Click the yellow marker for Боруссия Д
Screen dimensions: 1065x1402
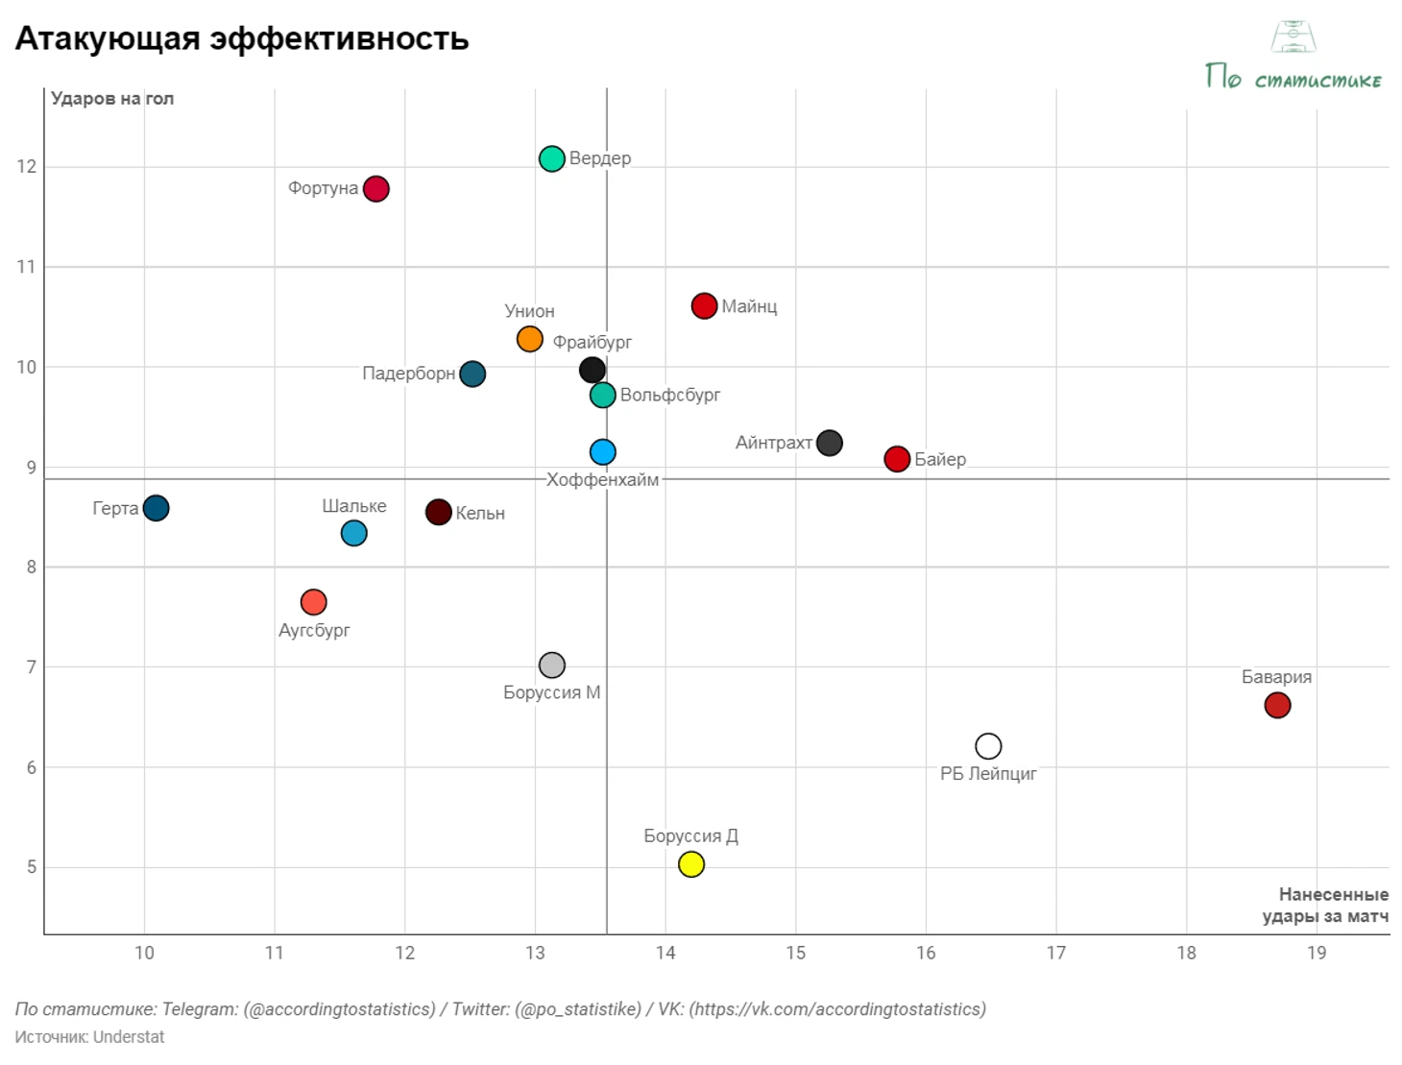click(x=691, y=864)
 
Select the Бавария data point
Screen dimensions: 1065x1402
click(x=1277, y=705)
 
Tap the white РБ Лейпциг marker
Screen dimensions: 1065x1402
click(x=988, y=746)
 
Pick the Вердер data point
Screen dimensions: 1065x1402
click(x=552, y=158)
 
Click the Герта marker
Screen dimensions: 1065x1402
click(x=156, y=508)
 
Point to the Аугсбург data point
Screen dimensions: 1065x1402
click(x=314, y=602)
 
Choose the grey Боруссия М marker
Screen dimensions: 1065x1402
click(x=552, y=665)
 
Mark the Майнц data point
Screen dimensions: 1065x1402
click(x=704, y=306)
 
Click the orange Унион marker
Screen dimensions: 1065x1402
click(x=530, y=339)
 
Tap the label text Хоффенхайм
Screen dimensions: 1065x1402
click(x=603, y=479)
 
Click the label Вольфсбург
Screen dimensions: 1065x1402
click(x=670, y=395)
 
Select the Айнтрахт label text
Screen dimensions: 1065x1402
click(x=774, y=443)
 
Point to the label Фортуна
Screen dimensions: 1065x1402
click(x=324, y=188)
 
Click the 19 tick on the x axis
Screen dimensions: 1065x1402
click(x=1317, y=953)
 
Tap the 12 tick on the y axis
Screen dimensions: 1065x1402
click(x=26, y=166)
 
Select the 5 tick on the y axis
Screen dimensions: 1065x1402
click(x=32, y=867)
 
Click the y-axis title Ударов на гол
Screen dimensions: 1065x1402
click(x=112, y=98)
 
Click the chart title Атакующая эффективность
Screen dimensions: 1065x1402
click(x=242, y=38)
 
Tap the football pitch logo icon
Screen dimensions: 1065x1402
click(x=1293, y=36)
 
